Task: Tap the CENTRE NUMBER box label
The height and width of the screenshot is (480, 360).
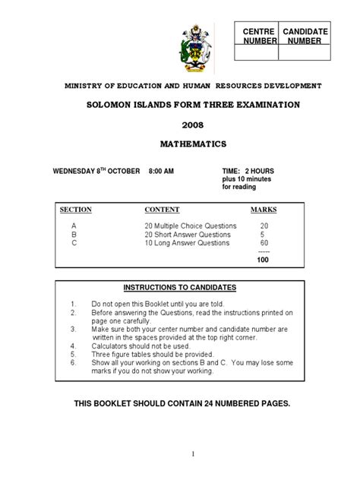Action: coord(257,35)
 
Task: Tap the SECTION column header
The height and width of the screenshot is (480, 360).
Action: coord(74,209)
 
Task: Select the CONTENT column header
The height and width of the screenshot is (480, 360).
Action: coord(162,209)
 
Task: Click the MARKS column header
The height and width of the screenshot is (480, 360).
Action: coord(264,209)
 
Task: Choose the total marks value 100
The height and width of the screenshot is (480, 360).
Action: coord(263,260)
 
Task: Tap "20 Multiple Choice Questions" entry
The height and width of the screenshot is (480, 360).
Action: coord(191,226)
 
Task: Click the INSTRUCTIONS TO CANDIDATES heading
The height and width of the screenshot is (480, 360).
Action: coord(180,287)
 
